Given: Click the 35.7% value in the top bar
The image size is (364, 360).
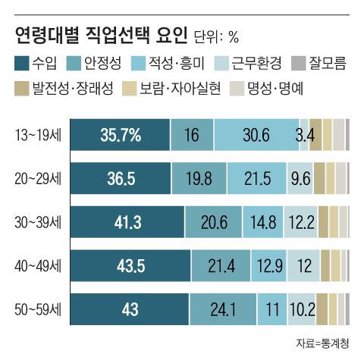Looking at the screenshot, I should (x=121, y=136).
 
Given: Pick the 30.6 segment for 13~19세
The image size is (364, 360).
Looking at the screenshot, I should (x=256, y=136).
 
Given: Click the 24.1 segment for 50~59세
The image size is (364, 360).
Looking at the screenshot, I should (x=223, y=309).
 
